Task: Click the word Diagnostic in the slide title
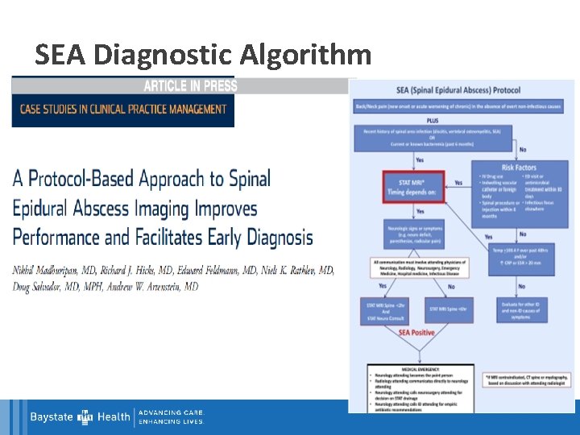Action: coord(163,55)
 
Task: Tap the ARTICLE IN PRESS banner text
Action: coord(190,86)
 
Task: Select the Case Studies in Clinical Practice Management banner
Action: coord(123,110)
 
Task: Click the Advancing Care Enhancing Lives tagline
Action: coord(172,416)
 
